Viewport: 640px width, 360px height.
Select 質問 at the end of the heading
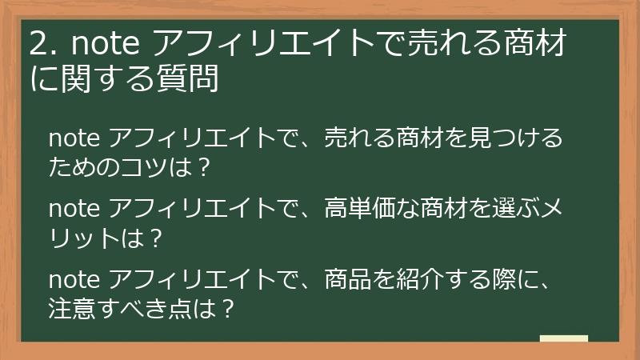pyautogui.click(x=193, y=79)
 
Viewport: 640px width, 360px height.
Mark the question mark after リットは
pyautogui.click(x=158, y=238)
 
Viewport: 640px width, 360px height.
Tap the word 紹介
pyautogui.click(x=420, y=280)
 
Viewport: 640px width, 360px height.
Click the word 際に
pyautogui.click(x=516, y=280)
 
